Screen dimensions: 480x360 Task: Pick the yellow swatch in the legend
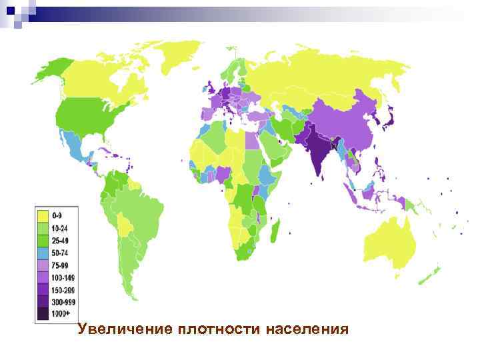43,215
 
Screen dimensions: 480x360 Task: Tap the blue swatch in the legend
43,252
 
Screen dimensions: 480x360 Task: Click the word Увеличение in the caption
123,329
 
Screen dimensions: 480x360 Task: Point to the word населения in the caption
307,329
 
